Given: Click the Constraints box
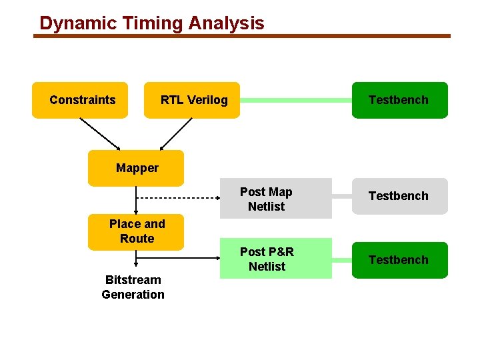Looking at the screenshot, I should (80, 100).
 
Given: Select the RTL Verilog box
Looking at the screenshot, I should (192, 100).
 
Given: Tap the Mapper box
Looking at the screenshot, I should (136, 168).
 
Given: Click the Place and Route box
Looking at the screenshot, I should (136, 231).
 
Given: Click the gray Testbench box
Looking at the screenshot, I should (399, 196).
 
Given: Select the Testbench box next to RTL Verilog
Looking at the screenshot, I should (399, 100).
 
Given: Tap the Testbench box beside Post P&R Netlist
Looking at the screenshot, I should (399, 260).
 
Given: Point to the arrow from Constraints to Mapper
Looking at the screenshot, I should (100, 134).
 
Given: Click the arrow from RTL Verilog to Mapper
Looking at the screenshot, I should (176, 134).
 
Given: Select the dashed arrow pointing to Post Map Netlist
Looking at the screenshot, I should (180, 198).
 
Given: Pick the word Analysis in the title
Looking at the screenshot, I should (226, 23).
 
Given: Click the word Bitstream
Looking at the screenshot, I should (133, 280).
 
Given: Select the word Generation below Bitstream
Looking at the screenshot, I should (133, 295).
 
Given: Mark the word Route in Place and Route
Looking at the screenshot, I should (137, 239).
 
